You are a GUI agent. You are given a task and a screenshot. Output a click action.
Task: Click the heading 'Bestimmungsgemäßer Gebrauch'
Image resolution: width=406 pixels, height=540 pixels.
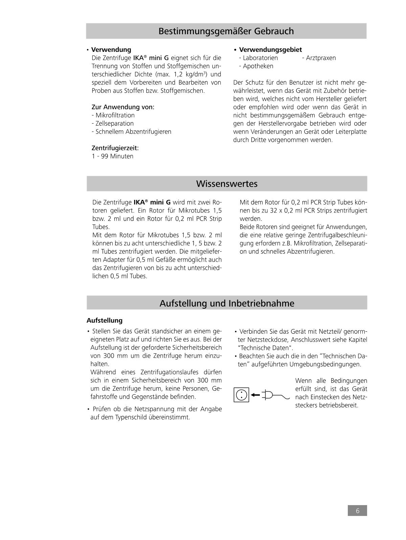[226, 31]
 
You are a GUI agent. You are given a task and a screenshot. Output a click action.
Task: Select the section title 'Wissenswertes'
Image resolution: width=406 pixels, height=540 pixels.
[227, 184]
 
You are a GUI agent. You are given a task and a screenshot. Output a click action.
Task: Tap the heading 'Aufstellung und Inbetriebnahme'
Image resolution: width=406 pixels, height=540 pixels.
[227, 303]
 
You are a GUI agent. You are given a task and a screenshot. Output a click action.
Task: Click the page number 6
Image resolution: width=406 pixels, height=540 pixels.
[357, 511]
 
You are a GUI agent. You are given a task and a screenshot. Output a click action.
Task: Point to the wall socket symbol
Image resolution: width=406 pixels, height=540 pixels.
[241, 395]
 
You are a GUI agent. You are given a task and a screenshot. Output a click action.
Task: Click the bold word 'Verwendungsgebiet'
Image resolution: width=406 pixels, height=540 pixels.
[270, 50]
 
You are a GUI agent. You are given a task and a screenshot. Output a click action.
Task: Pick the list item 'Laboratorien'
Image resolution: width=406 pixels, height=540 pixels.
[260, 58]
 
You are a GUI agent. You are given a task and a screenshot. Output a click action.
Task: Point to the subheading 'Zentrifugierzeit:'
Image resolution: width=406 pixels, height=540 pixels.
[115, 148]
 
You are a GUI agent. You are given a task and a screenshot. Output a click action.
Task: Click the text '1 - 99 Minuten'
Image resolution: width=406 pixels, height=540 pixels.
[112, 156]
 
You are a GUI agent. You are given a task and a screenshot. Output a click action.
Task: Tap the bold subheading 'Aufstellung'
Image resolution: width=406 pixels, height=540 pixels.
[104, 320]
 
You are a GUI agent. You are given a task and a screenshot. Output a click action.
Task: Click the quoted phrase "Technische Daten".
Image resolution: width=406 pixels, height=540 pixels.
[265, 348]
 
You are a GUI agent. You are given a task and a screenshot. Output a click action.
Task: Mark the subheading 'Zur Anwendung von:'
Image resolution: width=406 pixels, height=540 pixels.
[123, 107]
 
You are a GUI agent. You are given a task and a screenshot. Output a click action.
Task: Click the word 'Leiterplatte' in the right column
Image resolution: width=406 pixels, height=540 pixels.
[349, 132]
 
